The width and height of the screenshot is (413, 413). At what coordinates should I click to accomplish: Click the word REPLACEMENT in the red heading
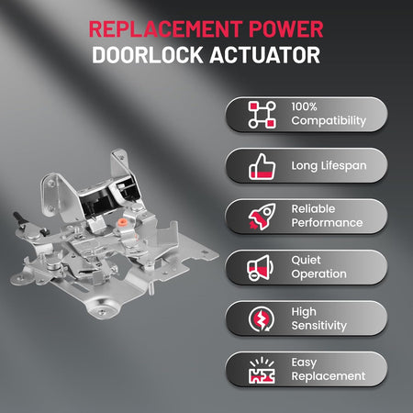pyautogui.click(x=166, y=29)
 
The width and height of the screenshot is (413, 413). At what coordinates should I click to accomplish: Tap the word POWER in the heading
pyautogui.click(x=285, y=29)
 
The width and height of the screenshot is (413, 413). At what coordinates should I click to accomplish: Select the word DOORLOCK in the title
pyautogui.click(x=148, y=55)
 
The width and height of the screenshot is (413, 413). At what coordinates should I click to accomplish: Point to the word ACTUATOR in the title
pyautogui.click(x=264, y=55)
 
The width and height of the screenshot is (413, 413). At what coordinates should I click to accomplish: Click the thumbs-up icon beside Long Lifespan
pyautogui.click(x=262, y=167)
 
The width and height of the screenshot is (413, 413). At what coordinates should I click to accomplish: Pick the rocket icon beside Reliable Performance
pyautogui.click(x=262, y=217)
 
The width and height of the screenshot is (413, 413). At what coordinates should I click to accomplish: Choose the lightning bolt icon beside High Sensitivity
pyautogui.click(x=262, y=318)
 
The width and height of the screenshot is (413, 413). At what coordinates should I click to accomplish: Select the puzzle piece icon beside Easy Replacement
pyautogui.click(x=262, y=370)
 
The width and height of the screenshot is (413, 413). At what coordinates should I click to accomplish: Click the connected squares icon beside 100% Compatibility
pyautogui.click(x=262, y=115)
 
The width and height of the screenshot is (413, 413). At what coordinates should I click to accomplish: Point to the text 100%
pyautogui.click(x=304, y=106)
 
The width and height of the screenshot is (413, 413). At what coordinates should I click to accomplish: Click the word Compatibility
pyautogui.click(x=329, y=121)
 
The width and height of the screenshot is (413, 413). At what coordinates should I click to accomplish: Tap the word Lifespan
pyautogui.click(x=343, y=166)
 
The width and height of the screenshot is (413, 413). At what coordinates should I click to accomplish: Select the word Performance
pyautogui.click(x=327, y=223)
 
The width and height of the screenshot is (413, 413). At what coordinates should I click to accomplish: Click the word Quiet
pyautogui.click(x=306, y=261)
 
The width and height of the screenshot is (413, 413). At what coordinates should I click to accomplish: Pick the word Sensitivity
pyautogui.click(x=319, y=326)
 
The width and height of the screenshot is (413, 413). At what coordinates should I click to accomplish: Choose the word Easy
pyautogui.click(x=304, y=363)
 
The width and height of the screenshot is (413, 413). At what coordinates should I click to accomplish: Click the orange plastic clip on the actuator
pyautogui.click(x=123, y=221)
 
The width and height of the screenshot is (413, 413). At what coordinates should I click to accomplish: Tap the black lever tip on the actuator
pyautogui.click(x=17, y=217)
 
